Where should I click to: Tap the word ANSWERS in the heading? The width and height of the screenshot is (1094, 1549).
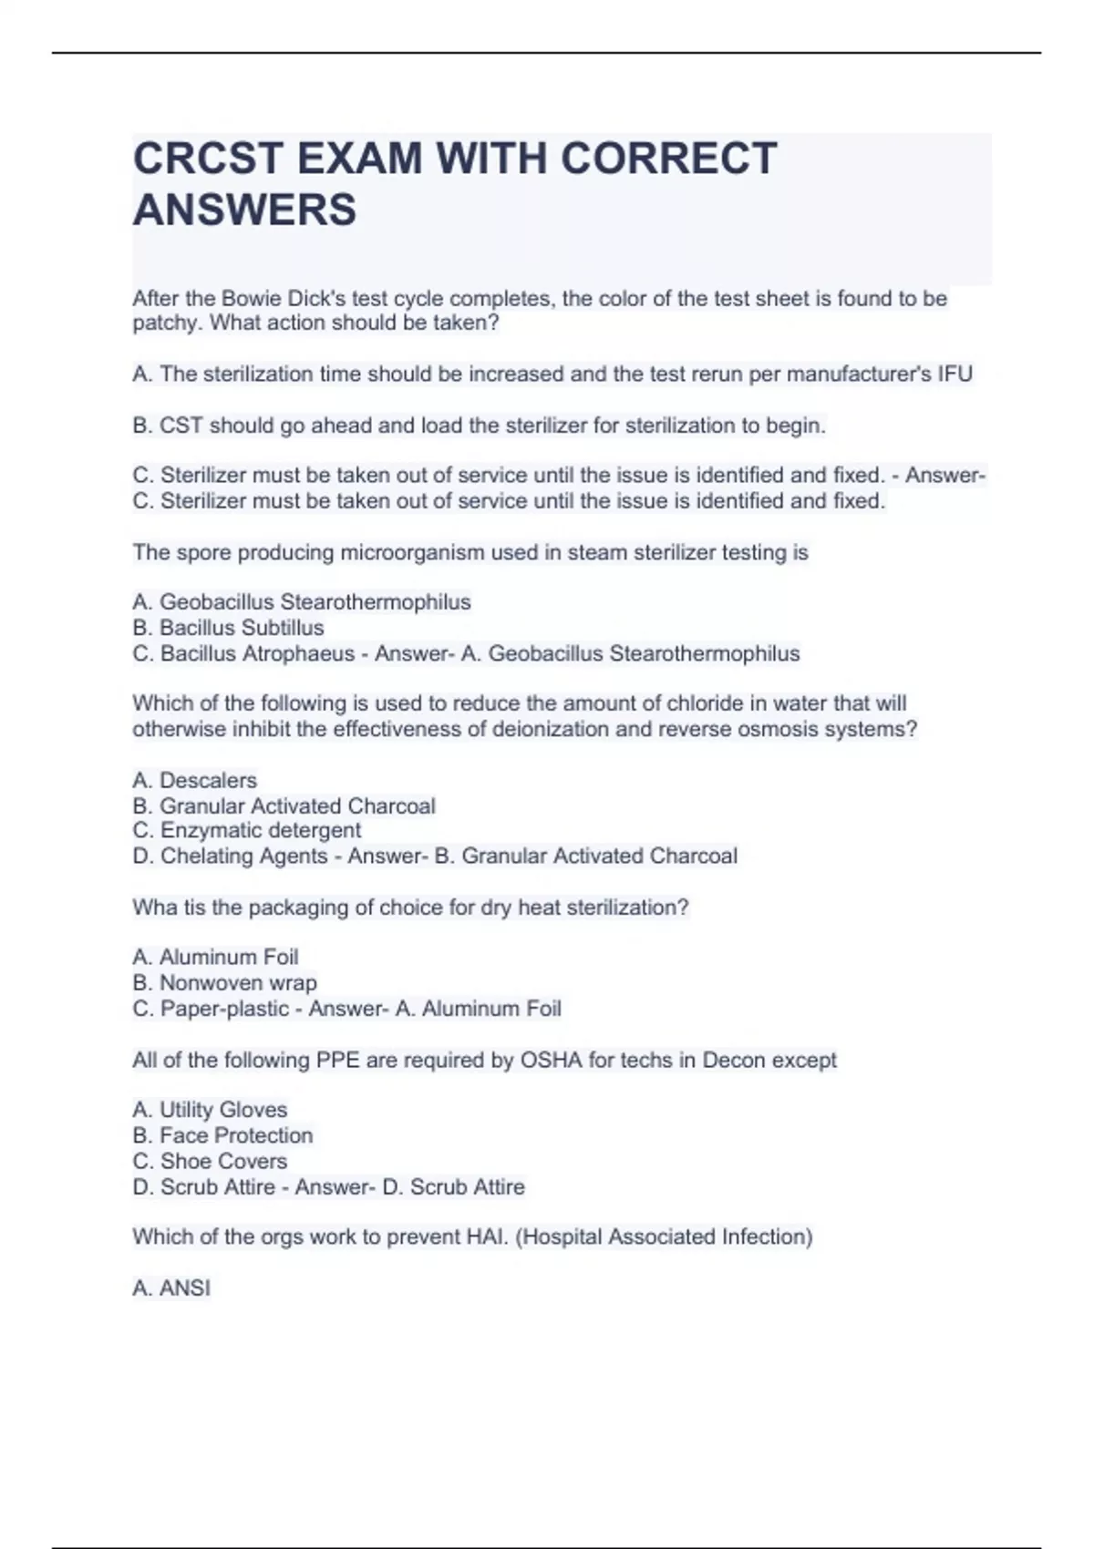pos(244,210)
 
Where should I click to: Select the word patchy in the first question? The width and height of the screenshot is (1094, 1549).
pos(167,323)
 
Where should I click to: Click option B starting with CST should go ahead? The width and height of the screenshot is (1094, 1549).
pos(479,426)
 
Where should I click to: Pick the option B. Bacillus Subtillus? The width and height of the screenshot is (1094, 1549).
pos(228,628)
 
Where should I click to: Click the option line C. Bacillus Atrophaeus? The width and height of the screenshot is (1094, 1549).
pos(243,653)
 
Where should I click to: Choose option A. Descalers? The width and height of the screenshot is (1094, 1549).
pos(194,780)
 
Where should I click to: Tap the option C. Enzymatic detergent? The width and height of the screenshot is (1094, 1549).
pos(246,830)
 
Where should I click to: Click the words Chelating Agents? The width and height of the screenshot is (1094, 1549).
pos(243,856)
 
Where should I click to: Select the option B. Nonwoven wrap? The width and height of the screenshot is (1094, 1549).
pos(224,983)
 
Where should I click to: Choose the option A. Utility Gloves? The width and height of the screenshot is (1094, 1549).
pos(210,1110)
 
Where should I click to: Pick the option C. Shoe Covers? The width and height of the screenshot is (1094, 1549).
pos(210,1161)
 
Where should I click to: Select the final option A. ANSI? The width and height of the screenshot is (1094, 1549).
pos(171,1288)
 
